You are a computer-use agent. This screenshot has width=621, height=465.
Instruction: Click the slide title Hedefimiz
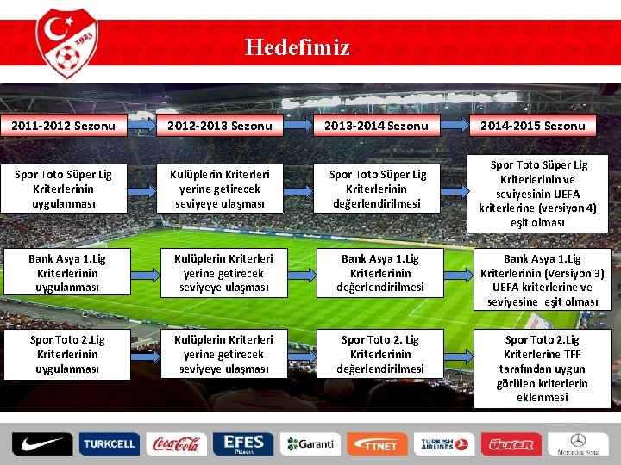[x=298, y=46]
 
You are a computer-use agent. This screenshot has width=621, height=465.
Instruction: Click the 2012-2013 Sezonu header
[x=220, y=126]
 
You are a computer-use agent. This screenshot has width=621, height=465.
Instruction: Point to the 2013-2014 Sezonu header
[x=376, y=126]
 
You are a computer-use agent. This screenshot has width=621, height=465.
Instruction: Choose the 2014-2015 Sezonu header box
[x=533, y=126]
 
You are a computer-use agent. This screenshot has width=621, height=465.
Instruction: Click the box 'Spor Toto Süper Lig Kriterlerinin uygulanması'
[x=65, y=189]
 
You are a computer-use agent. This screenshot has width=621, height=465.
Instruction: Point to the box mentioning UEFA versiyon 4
[x=538, y=194]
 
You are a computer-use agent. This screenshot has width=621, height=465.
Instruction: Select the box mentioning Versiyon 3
[x=542, y=280]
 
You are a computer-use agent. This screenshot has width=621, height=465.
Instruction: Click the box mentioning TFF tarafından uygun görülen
[x=542, y=369]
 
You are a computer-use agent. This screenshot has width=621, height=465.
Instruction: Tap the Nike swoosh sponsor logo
[x=42, y=443]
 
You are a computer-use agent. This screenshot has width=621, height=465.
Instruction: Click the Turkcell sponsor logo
[x=109, y=444]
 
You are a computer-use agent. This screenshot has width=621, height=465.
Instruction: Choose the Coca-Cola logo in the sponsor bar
[x=176, y=443]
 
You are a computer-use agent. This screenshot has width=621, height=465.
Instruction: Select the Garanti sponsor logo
[x=310, y=444]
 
